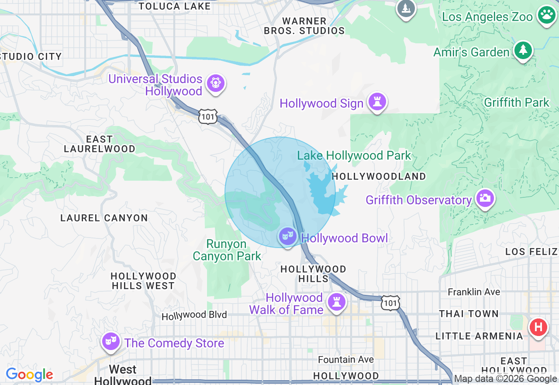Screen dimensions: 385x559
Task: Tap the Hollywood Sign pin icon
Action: pyautogui.click(x=377, y=102)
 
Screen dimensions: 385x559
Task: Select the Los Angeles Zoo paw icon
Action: pyautogui.click(x=546, y=16)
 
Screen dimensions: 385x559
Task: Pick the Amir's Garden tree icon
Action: pyautogui.click(x=523, y=51)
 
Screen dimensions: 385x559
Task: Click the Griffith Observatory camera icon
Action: pyautogui.click(x=484, y=199)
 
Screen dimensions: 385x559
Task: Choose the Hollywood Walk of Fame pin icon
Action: pyautogui.click(x=336, y=302)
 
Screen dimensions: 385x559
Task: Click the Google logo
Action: pyautogui.click(x=29, y=374)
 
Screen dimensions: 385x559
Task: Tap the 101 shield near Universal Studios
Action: pyautogui.click(x=207, y=116)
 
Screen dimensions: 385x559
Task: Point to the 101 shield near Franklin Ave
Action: pyautogui.click(x=390, y=303)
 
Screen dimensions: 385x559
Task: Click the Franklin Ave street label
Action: pyautogui.click(x=474, y=292)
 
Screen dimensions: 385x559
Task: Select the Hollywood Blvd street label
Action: pyautogui.click(x=194, y=315)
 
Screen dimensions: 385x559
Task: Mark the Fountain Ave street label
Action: pyautogui.click(x=345, y=359)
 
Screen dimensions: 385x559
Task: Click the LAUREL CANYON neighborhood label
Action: pyautogui.click(x=104, y=218)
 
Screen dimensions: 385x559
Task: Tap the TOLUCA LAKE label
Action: pyautogui.click(x=174, y=6)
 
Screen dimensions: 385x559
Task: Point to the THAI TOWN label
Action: pyautogui.click(x=469, y=314)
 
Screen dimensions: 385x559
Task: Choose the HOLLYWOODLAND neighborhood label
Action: pyautogui.click(x=379, y=176)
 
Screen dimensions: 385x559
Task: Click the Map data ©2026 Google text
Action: pyautogui.click(x=505, y=379)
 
